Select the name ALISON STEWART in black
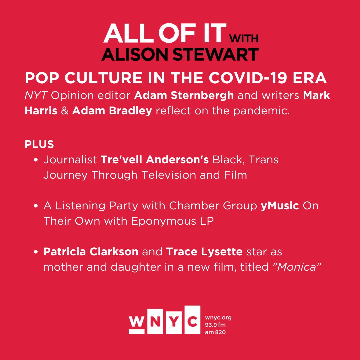click(180, 54)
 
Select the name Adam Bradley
click(112, 111)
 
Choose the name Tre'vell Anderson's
click(155, 160)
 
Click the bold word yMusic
click(280, 206)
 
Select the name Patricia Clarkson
click(91, 252)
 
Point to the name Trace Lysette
click(204, 252)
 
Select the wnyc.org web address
click(218, 318)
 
